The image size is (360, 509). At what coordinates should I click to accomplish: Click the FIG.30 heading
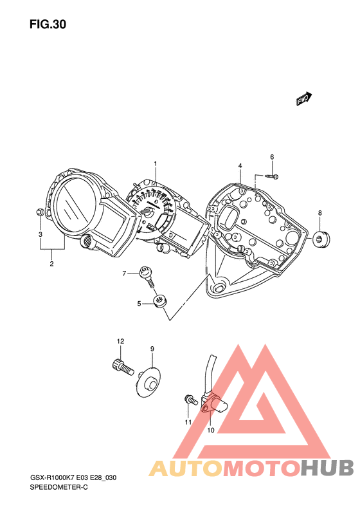(x=48, y=24)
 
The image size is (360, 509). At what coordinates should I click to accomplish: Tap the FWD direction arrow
(x=304, y=98)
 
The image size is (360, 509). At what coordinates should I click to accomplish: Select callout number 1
(x=156, y=163)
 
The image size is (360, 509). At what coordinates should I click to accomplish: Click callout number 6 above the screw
(x=272, y=157)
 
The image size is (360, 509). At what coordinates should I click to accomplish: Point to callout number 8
(x=319, y=213)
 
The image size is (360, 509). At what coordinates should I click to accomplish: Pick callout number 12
(x=121, y=341)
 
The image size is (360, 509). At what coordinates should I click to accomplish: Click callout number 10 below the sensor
(x=211, y=430)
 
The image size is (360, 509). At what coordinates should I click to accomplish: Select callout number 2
(x=51, y=264)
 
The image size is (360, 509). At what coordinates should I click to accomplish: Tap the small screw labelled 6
(x=271, y=176)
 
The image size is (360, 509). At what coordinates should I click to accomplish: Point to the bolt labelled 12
(x=123, y=367)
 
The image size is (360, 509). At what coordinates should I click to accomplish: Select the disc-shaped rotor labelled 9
(x=148, y=382)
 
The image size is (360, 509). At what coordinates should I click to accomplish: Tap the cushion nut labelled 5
(x=159, y=301)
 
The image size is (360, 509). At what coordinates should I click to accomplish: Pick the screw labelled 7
(x=147, y=276)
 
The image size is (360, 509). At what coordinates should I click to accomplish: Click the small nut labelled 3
(x=39, y=212)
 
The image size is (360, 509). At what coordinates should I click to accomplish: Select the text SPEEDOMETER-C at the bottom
(x=59, y=487)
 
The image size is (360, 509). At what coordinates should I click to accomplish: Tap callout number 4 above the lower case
(x=240, y=166)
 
